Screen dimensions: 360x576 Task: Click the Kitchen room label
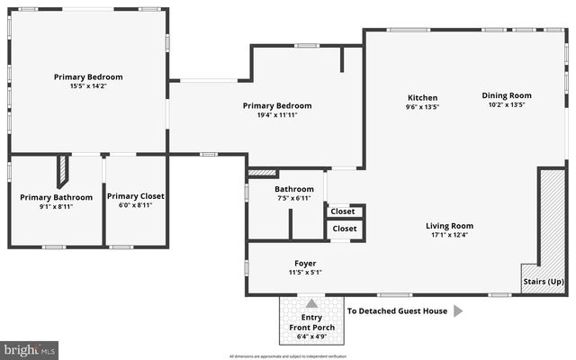point(422,97)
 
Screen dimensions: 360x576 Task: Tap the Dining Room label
point(506,95)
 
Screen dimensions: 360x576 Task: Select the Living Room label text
point(449,226)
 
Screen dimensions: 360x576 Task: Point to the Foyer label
point(305,263)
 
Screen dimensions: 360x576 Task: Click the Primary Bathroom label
point(56,197)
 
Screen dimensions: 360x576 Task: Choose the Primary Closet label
point(135,196)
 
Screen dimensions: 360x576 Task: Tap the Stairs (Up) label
point(544,282)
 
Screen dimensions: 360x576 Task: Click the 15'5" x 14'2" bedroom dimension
point(88,86)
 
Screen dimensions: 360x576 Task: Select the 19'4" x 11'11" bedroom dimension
point(276,115)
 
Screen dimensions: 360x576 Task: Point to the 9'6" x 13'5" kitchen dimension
point(422,107)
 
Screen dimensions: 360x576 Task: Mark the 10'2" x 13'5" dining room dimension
point(506,104)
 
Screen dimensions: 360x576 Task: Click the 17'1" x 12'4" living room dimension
point(449,236)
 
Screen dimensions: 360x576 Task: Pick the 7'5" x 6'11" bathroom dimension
point(293,198)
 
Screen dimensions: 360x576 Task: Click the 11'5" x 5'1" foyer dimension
point(305,272)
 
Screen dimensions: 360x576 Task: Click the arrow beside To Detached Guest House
point(457,311)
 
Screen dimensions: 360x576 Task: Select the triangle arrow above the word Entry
point(311,304)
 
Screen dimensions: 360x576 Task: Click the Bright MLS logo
point(29,348)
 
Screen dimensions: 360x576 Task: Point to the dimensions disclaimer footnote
point(288,355)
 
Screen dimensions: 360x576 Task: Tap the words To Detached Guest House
point(397,311)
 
